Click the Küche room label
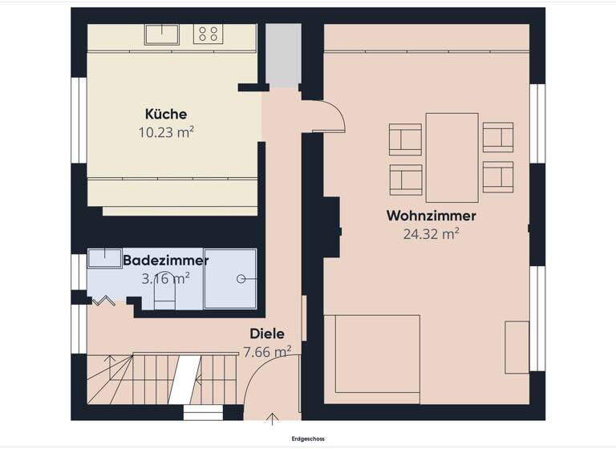point(166,114)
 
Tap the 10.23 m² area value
point(166,131)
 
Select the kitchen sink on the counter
point(163,34)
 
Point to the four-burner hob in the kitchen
point(209,34)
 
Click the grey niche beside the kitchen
point(282,55)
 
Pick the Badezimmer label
point(165,261)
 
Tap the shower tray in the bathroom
point(230,279)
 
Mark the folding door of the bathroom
point(103,301)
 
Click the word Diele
point(267,334)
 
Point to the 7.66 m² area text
point(267,351)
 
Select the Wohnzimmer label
point(431,216)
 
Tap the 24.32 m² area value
point(431,234)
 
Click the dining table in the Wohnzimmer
point(452,157)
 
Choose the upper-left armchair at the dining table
point(405,138)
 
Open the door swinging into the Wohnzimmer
point(326,116)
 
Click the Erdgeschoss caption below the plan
point(308,439)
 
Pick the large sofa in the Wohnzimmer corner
point(372,359)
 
